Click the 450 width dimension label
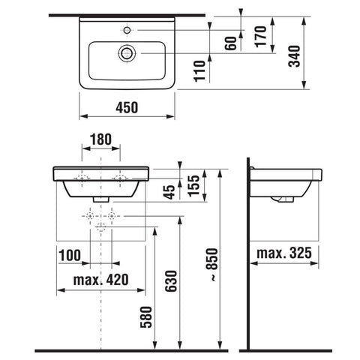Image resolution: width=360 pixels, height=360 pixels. click(127, 107)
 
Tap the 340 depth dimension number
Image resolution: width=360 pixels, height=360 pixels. click(294, 56)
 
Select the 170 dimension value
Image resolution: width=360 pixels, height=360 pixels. click(261, 36)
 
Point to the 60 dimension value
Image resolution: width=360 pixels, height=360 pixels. click(230, 43)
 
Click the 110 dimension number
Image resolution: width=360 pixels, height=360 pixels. click(199, 71)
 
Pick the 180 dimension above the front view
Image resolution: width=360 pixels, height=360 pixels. click(100, 139)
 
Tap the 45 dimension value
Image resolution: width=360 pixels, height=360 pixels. click(170, 192)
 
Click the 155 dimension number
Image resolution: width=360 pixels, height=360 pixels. click(194, 186)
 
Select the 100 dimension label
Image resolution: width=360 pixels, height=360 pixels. click(70, 255)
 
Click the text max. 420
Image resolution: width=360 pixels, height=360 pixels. click(101, 280)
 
